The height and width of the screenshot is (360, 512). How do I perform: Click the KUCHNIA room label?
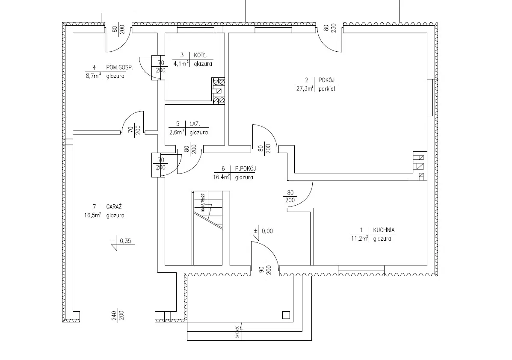[x=384, y=230]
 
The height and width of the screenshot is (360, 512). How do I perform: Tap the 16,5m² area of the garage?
[x=92, y=215]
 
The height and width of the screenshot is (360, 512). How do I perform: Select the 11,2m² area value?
[x=359, y=239]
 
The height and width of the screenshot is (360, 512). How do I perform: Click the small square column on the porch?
[x=286, y=316]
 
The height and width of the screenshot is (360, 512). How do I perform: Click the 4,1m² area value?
[x=181, y=64]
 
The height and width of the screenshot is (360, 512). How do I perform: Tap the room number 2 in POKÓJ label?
[x=307, y=80]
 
